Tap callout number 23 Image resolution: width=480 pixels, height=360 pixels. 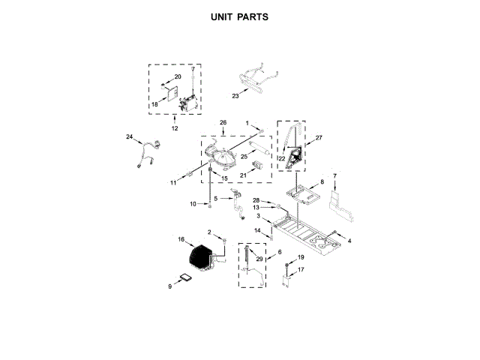click(x=235, y=96)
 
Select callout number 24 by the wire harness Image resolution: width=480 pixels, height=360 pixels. click(x=129, y=137)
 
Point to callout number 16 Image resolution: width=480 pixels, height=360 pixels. click(x=181, y=239)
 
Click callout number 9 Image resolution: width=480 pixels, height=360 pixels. click(x=170, y=285)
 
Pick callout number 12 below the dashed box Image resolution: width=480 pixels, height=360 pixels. click(x=175, y=128)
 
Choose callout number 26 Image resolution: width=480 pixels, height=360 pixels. click(x=223, y=122)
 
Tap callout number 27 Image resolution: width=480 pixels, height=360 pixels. click(x=318, y=138)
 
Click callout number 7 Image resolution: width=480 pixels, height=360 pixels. click(x=335, y=176)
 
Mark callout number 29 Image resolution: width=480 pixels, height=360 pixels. click(x=259, y=258)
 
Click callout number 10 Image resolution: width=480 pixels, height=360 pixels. click(x=193, y=204)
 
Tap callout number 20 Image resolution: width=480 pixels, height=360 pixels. click(x=178, y=77)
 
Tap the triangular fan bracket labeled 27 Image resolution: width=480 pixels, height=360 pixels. click(x=295, y=146)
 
